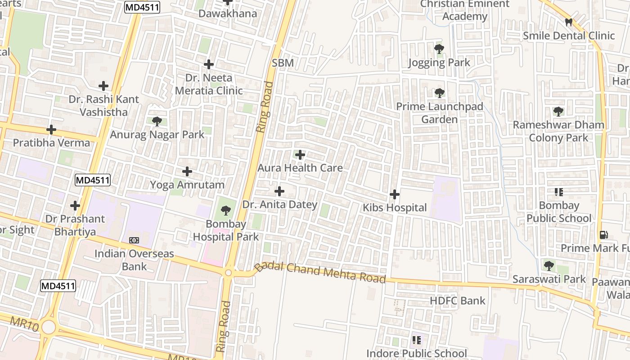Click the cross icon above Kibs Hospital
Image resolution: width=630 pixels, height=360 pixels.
tap(395, 194)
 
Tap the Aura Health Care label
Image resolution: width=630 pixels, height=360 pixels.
tap(300, 168)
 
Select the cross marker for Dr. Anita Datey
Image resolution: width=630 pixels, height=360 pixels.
tap(279, 191)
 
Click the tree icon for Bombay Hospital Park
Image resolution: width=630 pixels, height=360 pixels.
tap(226, 210)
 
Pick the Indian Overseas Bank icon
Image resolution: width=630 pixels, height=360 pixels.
tap(134, 240)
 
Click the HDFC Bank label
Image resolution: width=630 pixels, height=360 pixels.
tap(458, 301)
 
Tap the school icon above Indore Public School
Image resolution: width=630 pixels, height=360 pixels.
tap(417, 340)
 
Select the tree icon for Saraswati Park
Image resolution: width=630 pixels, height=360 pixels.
tap(549, 265)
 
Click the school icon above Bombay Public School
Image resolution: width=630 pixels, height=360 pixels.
tap(559, 192)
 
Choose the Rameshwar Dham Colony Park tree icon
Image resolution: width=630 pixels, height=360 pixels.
tap(558, 111)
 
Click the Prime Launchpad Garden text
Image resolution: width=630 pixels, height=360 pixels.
tap(439, 113)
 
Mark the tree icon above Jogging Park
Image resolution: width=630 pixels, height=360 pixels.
tap(439, 49)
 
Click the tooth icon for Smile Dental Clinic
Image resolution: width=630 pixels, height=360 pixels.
tap(569, 22)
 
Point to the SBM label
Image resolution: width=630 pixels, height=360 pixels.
tap(283, 63)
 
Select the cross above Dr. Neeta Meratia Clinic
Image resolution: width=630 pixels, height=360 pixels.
tap(209, 64)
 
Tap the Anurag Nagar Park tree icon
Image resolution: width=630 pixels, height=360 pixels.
tap(157, 121)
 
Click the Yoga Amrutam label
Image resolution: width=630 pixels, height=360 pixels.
tap(187, 184)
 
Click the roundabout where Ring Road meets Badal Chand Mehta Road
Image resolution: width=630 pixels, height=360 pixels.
tap(229, 273)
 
